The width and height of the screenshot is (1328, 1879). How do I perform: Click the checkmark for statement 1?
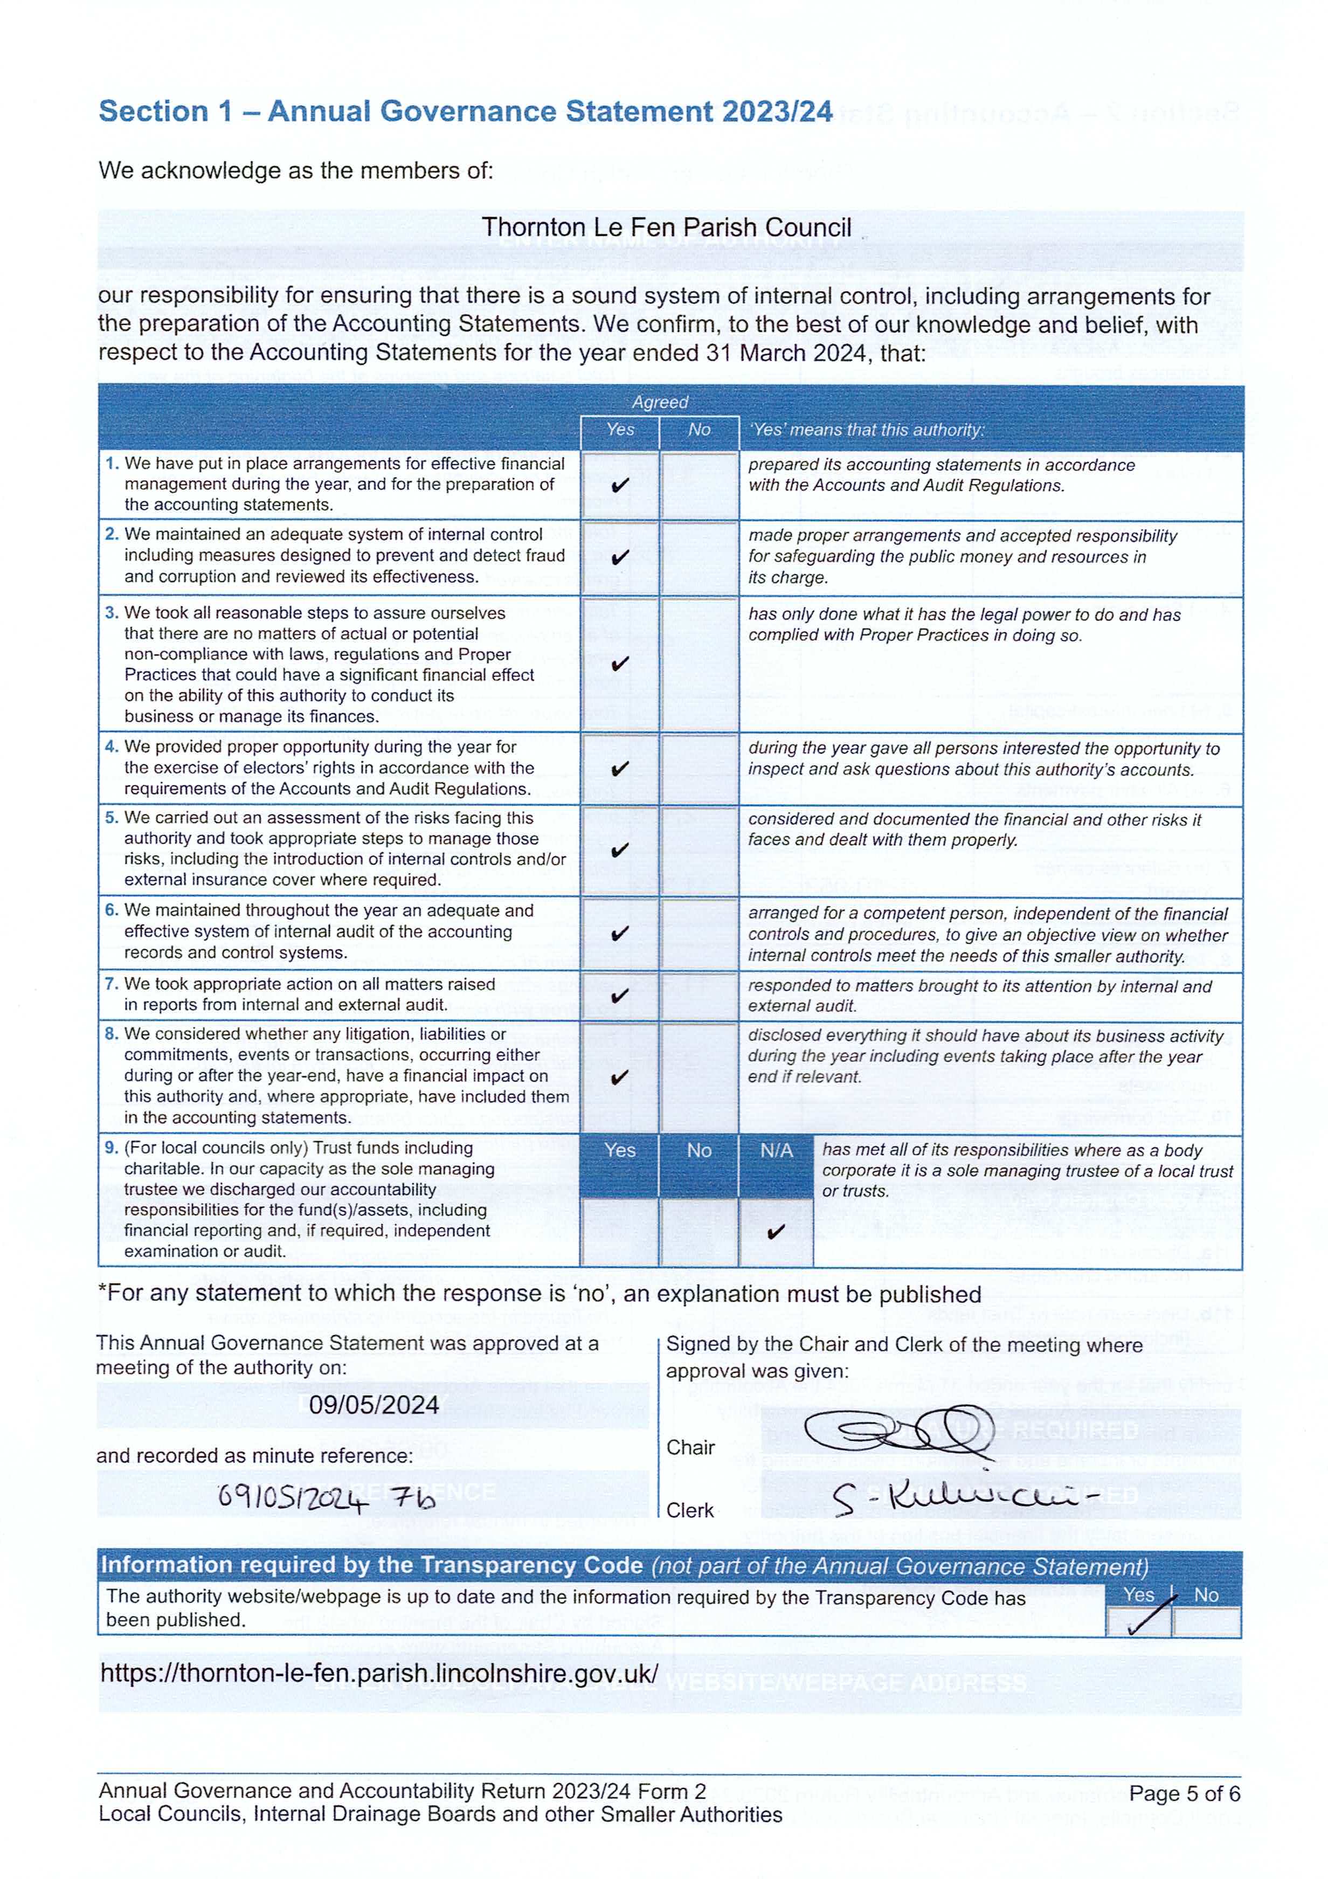tap(620, 485)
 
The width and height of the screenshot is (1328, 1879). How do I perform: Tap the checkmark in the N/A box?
tap(776, 1231)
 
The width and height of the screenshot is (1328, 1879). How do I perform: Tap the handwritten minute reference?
tap(327, 1497)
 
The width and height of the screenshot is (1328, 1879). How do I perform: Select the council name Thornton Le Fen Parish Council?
tap(666, 227)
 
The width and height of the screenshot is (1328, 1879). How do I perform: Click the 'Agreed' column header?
tap(660, 402)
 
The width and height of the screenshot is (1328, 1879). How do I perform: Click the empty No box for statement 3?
tap(699, 664)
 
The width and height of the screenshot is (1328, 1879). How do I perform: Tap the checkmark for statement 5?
tap(620, 851)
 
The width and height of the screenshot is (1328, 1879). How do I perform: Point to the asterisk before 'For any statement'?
tap(102, 1291)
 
